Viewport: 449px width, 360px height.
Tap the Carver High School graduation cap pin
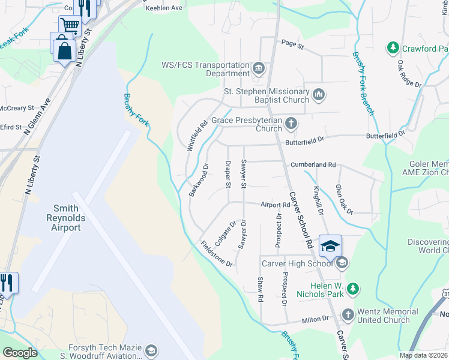click(330, 246)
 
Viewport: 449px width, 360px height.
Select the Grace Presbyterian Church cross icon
click(291, 124)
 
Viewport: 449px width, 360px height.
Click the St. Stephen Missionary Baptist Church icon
click(319, 94)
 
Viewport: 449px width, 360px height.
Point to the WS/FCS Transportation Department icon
click(259, 67)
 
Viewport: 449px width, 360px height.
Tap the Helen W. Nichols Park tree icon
click(354, 289)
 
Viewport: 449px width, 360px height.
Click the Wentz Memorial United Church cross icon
click(348, 314)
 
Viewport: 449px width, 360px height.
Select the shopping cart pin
click(70, 26)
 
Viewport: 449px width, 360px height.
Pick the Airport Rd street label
click(275, 205)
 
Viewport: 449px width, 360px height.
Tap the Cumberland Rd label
click(313, 164)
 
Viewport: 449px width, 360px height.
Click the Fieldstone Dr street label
click(217, 254)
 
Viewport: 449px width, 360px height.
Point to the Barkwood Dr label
click(199, 180)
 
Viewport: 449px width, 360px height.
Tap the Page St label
click(293, 44)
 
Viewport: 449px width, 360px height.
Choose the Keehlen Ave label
click(164, 8)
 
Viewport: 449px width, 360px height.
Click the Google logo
click(20, 353)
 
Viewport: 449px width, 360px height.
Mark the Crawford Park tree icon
click(393, 47)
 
